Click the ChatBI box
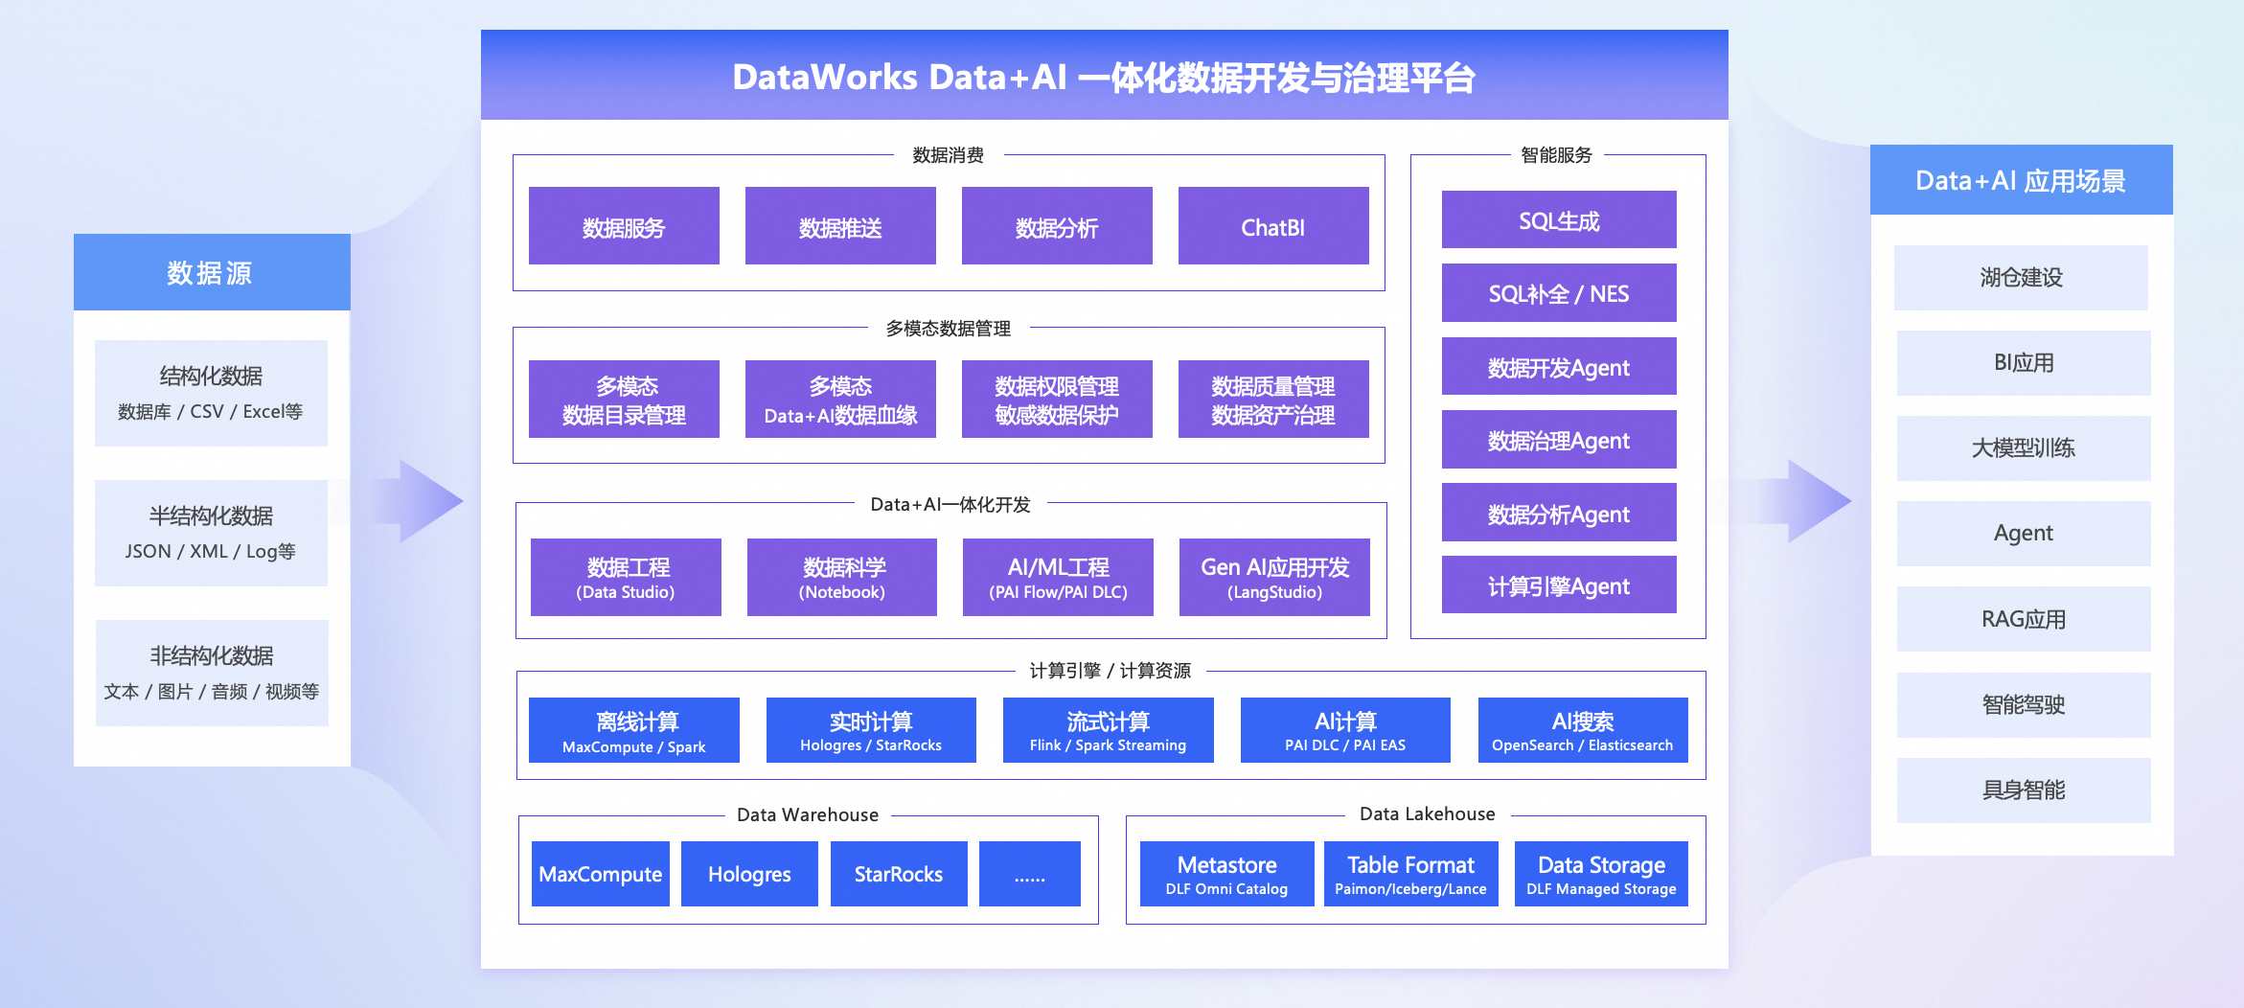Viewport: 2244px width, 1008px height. tap(1272, 226)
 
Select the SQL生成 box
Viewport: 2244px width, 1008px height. tap(1558, 220)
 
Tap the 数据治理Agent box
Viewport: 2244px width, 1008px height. tap(1558, 440)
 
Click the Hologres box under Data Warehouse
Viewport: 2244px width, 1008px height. tap(749, 874)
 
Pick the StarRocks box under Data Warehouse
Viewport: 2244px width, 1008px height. tap(898, 874)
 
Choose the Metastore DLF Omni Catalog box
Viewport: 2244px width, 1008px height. tap(1226, 874)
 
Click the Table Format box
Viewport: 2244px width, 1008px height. tap(1410, 874)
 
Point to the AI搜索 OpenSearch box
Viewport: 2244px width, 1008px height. tap(1582, 730)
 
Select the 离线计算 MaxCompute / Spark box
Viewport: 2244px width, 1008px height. tap(633, 730)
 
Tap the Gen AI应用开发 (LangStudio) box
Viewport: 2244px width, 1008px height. tap(1274, 577)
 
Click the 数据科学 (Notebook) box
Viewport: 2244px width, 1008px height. tap(842, 577)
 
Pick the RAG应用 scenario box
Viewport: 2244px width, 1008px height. tap(2023, 619)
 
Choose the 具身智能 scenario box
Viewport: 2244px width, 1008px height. tap(2023, 790)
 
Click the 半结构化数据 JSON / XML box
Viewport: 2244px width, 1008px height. tap(211, 533)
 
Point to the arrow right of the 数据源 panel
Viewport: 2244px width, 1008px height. tap(422, 500)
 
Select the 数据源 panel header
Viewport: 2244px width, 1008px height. tap(211, 273)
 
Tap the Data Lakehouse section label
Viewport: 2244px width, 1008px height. tap(1427, 814)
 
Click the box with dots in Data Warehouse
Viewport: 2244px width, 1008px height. tap(1029, 874)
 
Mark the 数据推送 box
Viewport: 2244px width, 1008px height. tap(840, 226)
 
